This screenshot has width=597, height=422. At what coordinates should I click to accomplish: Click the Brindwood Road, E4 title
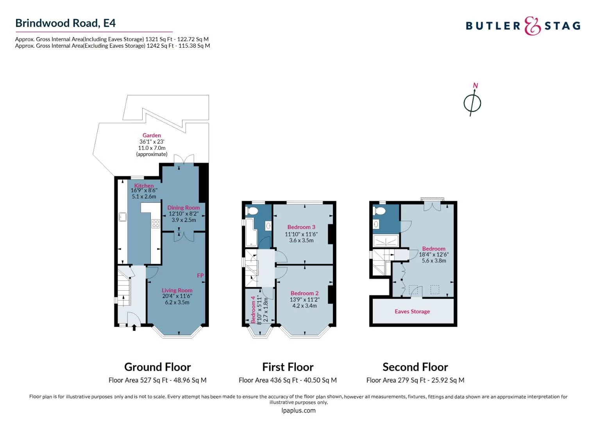coord(65,23)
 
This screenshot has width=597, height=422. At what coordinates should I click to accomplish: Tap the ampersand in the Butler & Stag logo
coord(532,26)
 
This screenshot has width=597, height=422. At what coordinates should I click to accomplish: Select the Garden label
coord(152,136)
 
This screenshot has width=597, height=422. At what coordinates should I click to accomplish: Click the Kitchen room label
coord(144,186)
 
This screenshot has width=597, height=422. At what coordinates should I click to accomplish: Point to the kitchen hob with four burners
coord(156,224)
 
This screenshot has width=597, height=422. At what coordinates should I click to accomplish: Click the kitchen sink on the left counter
coord(122,216)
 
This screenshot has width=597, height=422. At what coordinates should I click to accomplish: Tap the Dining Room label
coord(183,207)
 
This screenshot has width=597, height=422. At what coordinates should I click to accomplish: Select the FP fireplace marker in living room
coord(200,275)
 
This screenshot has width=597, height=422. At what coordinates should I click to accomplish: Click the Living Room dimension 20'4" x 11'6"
coord(177,296)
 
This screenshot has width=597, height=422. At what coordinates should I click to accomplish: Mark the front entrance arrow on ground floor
coord(134,327)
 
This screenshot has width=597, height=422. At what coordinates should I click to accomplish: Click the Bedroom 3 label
coord(301,227)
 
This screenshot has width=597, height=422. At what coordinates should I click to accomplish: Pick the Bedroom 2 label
coord(304,293)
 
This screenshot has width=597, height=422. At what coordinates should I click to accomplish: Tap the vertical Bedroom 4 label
coord(253,309)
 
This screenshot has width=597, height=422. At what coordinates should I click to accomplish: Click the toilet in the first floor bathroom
coord(252,211)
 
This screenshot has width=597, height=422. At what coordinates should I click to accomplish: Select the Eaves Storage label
coord(412,311)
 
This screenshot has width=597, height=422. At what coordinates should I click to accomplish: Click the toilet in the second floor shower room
coord(379,211)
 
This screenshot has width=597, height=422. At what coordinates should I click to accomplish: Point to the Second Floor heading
coord(415,367)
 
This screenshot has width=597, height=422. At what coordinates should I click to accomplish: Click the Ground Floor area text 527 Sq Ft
coord(157,380)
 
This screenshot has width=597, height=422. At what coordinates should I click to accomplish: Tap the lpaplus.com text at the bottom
coord(298,410)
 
